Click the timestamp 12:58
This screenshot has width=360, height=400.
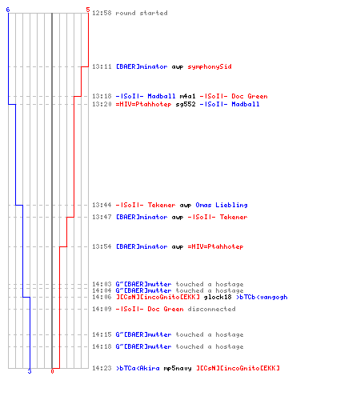(x=102, y=13)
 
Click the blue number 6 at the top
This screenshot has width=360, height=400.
(x=8, y=10)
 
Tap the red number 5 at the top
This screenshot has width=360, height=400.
(x=88, y=10)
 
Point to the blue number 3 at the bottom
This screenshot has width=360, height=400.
(x=30, y=371)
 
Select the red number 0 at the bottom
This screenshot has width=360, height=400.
(x=52, y=371)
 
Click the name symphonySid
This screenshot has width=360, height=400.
(x=210, y=66)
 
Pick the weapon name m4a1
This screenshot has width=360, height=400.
(x=187, y=96)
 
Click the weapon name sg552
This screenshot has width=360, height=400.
(x=186, y=104)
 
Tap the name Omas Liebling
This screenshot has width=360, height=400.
(x=222, y=205)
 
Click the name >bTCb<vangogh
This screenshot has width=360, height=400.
(x=262, y=297)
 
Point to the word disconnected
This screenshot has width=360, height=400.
(x=211, y=309)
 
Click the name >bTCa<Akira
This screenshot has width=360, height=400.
(x=138, y=368)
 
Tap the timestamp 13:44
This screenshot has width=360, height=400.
(x=102, y=205)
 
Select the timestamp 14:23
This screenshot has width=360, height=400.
(x=102, y=368)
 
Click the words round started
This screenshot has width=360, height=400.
(x=142, y=13)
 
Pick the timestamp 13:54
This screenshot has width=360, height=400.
(x=102, y=246)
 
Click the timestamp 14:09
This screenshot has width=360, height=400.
(x=102, y=309)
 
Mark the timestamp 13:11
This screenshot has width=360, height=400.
(x=102, y=66)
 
